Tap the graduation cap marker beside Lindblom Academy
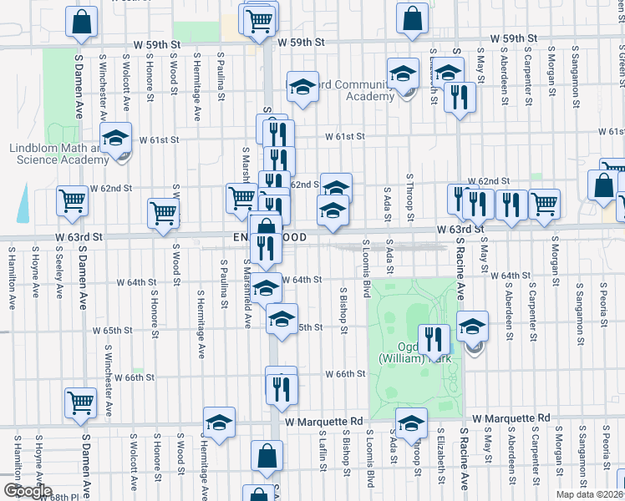(x=116, y=139)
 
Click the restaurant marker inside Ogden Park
(x=434, y=340)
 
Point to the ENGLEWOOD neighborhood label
(x=263, y=238)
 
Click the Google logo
(x=28, y=491)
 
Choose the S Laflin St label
(x=321, y=451)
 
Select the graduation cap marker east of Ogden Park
(x=473, y=327)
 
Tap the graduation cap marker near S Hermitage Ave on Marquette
(x=219, y=423)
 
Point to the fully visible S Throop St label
(x=410, y=199)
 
